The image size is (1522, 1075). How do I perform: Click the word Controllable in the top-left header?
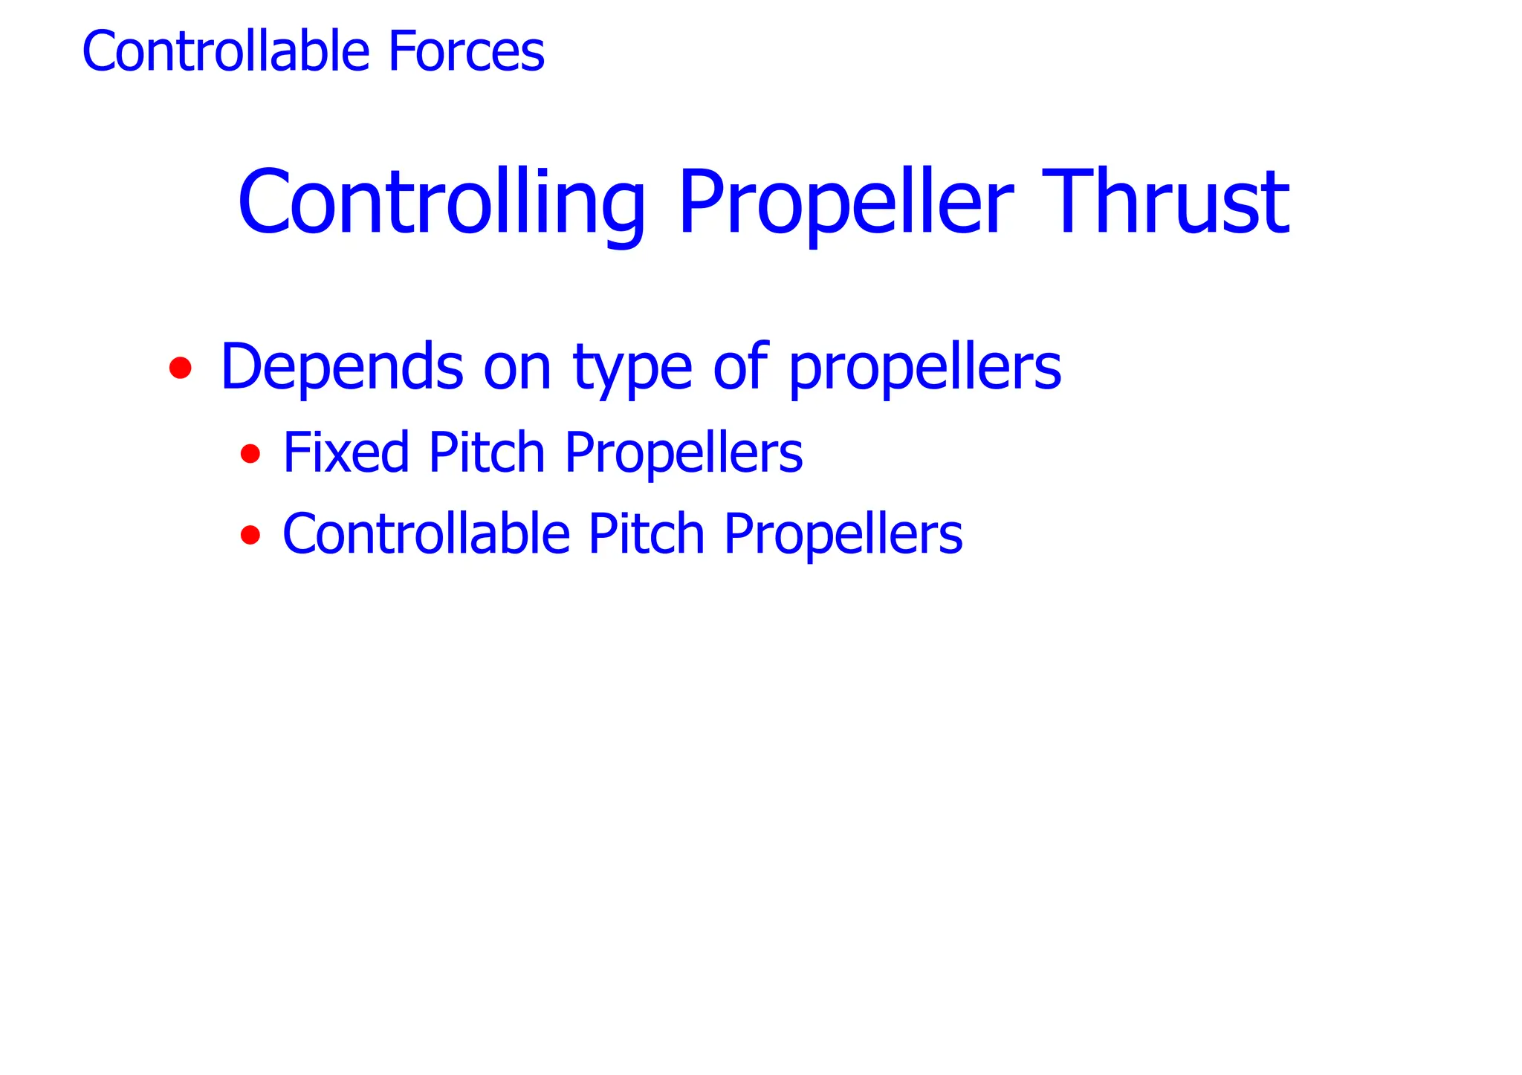pos(225,51)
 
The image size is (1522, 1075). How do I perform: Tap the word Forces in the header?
pos(467,51)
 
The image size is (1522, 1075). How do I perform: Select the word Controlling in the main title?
pos(441,203)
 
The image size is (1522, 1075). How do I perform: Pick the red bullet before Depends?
pos(181,368)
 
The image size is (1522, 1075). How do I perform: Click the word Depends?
pos(342,366)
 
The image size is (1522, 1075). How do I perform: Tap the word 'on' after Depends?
pos(517,368)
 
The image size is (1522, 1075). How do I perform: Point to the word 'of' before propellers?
pos(740,366)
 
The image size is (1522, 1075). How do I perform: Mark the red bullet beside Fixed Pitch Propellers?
pos(250,453)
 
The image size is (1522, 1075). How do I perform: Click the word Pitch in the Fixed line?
pos(487,452)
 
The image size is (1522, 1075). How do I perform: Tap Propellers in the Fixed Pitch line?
pos(684,453)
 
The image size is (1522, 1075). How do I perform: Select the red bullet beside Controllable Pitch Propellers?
pos(250,534)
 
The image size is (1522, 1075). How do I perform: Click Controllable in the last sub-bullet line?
pos(426,533)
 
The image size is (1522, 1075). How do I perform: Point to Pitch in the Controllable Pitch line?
pos(646,533)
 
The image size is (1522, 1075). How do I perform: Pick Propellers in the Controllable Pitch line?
pos(843,535)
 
